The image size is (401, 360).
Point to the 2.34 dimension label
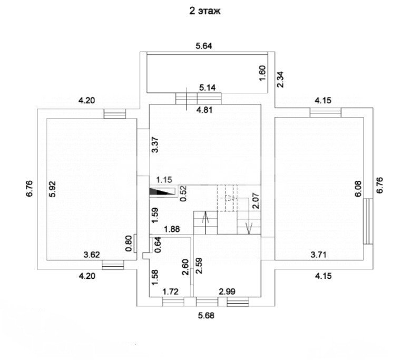(281, 79)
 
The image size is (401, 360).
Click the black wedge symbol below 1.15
(161, 192)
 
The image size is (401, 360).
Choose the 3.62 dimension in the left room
(92, 255)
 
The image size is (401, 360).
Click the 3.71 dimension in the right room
(319, 255)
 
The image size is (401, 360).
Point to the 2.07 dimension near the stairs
(255, 202)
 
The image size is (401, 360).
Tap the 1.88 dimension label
(172, 229)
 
